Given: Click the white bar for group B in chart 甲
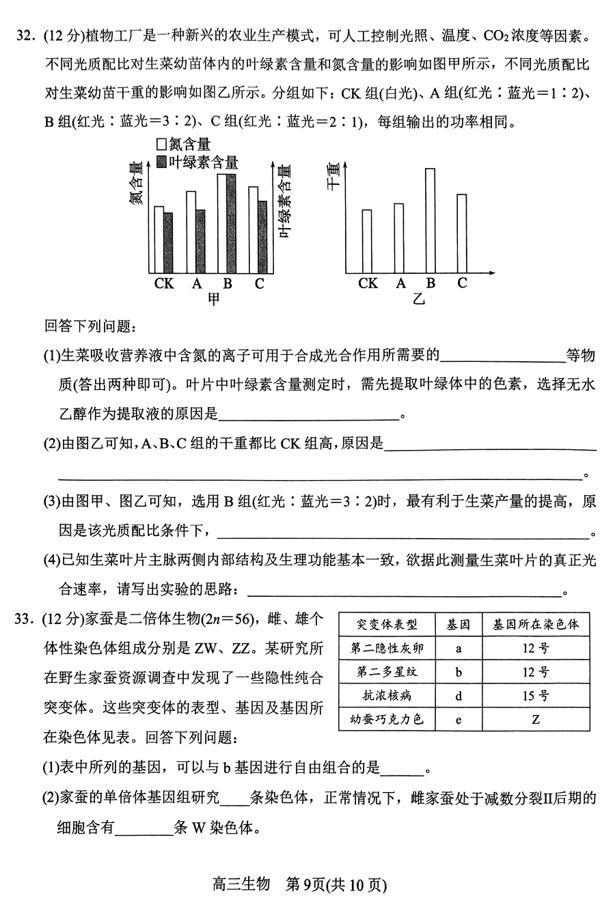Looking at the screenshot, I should click(x=222, y=224).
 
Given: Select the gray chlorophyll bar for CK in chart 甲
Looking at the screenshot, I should click(x=168, y=243).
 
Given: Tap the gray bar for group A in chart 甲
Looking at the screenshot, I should click(x=200, y=241).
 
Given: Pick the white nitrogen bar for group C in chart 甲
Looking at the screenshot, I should click(x=254, y=230).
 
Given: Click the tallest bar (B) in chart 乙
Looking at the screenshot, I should click(x=430, y=221).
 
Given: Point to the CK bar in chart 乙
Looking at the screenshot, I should click(x=367, y=241).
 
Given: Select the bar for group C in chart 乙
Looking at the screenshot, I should click(x=461, y=234).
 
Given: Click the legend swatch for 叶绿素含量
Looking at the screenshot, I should click(x=162, y=162).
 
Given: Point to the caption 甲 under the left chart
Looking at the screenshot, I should click(x=215, y=299).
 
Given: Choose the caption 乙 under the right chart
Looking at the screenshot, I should click(x=418, y=299).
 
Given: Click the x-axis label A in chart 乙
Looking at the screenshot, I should click(x=400, y=283).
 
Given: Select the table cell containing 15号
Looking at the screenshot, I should click(x=535, y=696).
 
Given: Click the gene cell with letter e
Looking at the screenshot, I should click(x=459, y=719).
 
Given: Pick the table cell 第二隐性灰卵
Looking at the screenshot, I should click(x=387, y=648).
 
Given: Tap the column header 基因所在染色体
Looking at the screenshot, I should click(x=535, y=624).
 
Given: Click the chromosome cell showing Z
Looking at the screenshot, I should click(x=535, y=719).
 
